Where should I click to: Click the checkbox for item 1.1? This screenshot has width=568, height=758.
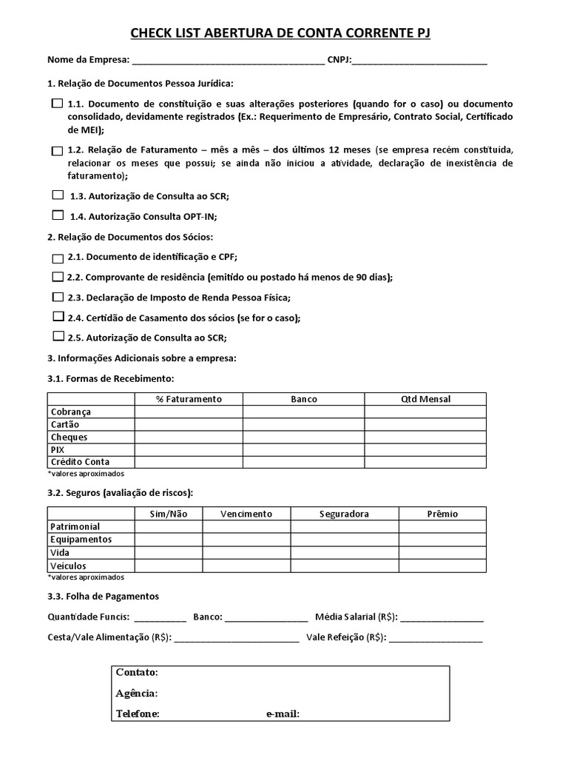(57, 104)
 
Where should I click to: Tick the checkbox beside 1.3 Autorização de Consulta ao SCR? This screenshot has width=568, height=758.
(58, 195)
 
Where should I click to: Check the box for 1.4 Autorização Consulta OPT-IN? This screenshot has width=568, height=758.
(58, 215)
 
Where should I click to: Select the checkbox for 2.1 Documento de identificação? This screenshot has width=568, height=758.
(58, 258)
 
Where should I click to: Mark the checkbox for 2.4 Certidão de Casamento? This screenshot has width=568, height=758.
(58, 316)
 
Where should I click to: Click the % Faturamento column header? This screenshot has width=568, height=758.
(189, 399)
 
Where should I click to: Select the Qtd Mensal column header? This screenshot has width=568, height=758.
(425, 399)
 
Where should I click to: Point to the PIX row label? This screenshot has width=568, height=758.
(57, 449)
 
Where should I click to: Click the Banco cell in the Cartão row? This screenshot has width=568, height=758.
(303, 425)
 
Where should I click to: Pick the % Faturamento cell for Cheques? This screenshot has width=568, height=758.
(189, 437)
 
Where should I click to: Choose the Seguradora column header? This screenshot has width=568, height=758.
(344, 514)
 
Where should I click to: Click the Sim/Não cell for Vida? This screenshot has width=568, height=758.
(169, 553)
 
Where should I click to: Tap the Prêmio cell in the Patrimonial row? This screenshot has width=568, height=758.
(442, 526)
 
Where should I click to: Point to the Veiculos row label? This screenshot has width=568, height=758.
(68, 566)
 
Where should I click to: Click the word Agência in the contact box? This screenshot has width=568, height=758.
(136, 694)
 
